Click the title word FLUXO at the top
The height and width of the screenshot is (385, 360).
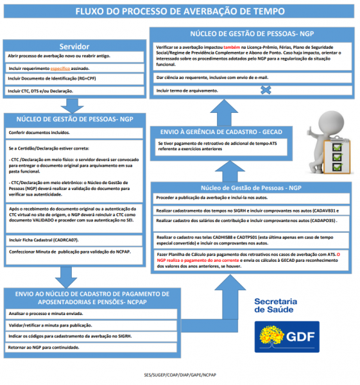point(92,12)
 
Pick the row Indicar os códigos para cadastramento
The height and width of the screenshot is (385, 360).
point(71,336)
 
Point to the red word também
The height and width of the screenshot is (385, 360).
point(232,47)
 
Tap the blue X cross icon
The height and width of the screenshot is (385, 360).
point(264,90)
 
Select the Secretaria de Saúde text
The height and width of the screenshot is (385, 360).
point(275,305)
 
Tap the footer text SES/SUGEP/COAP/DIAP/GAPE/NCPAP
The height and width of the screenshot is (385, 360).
point(180,375)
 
